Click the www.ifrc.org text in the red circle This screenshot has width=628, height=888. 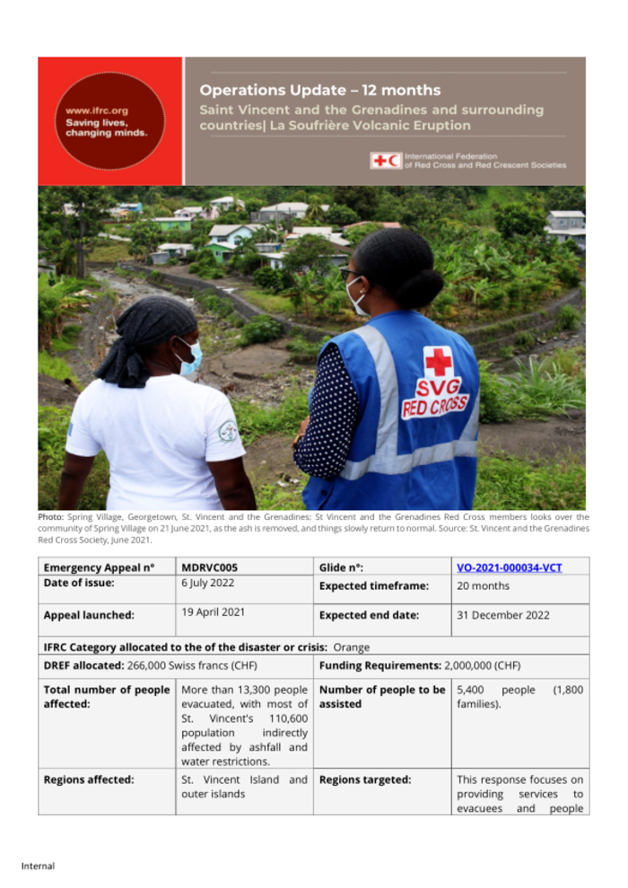click(x=97, y=110)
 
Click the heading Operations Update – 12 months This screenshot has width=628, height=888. click(x=319, y=90)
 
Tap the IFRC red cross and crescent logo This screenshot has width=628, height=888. click(x=385, y=160)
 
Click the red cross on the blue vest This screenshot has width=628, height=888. click(x=439, y=360)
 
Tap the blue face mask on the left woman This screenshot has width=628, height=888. click(x=189, y=357)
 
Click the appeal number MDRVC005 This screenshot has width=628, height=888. click(x=209, y=567)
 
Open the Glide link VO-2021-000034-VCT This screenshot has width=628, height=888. click(x=509, y=567)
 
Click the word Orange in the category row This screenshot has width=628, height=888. click(x=352, y=646)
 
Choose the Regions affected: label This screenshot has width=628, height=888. click(x=89, y=779)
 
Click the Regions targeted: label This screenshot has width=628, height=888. click(x=365, y=779)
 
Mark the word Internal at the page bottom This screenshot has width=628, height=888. click(x=38, y=866)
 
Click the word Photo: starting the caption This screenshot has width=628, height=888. click(x=50, y=517)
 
